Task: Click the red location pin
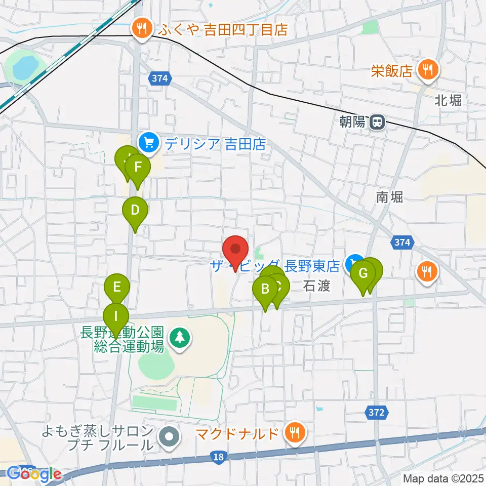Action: point(235,250)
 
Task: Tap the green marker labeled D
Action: point(135,210)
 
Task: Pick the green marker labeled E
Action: point(117,288)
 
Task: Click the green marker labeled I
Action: point(116,317)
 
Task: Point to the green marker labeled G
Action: point(363,274)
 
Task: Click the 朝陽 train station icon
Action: point(377,122)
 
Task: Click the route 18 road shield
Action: point(218,458)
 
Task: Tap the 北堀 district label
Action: point(448,100)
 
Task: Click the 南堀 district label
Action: point(389,197)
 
